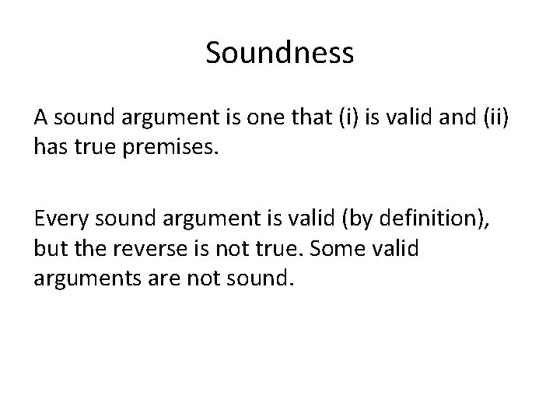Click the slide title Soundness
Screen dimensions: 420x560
click(x=280, y=54)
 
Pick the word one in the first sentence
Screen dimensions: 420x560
click(x=277, y=120)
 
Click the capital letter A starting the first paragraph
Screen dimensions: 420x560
click(x=40, y=120)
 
